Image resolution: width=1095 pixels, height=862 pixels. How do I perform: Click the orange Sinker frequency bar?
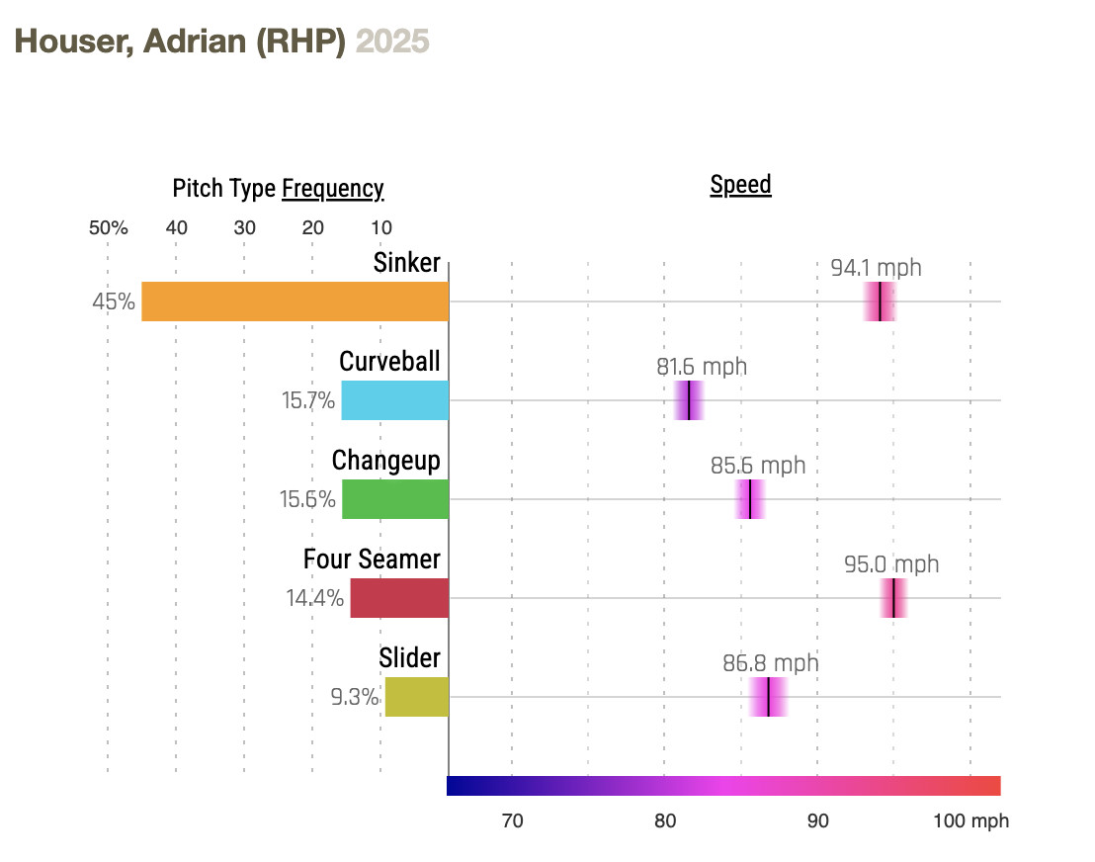coord(295,302)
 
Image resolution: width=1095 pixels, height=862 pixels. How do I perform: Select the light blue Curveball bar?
coord(394,400)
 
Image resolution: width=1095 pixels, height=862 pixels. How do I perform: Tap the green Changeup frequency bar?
coord(394,499)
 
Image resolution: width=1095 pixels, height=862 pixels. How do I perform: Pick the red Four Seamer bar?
coord(398,598)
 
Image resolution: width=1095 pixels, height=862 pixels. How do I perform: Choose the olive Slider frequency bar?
coord(416,697)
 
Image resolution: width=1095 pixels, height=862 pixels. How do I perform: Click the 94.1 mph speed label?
coord(876,268)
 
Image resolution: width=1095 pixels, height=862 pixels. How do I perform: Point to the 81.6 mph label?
coord(702,367)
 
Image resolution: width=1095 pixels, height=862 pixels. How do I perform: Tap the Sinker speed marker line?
coord(880,302)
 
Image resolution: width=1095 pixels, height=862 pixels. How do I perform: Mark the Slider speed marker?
coord(768,697)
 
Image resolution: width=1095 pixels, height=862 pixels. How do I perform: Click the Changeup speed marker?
coord(750,499)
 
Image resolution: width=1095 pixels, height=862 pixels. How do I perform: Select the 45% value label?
coord(114,302)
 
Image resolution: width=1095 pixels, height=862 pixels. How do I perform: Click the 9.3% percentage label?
coord(355,697)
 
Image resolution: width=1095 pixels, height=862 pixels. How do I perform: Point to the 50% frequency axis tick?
coord(108,228)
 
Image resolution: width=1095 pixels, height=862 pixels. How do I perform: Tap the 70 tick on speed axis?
coord(512,820)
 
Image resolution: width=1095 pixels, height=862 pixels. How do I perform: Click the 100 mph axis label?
coord(971,820)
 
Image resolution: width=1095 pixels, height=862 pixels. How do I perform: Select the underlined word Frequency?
coord(333,189)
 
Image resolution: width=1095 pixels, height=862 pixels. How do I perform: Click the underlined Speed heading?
coord(740,185)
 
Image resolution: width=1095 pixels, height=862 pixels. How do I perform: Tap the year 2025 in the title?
coord(392,42)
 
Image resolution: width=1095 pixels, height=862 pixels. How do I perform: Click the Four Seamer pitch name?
coord(372,560)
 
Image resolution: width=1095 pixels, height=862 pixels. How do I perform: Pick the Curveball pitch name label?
coord(389,362)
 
